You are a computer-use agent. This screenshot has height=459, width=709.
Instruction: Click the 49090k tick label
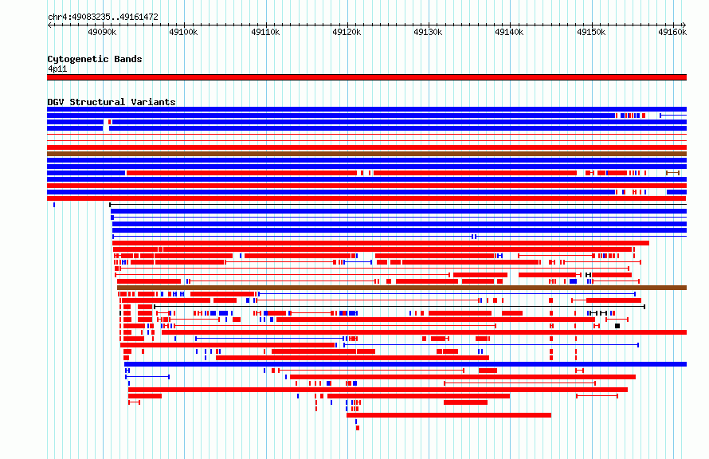(102, 32)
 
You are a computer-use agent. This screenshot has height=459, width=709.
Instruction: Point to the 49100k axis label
(183, 32)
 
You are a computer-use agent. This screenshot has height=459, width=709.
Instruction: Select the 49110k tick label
(265, 32)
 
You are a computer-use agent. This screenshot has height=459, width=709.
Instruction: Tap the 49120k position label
(347, 32)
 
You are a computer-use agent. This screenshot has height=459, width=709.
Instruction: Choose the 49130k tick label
(429, 32)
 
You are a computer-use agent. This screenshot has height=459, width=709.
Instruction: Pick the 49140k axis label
(510, 32)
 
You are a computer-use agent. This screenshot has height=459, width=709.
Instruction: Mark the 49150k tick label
(591, 32)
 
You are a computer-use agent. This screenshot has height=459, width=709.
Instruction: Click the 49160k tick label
(673, 32)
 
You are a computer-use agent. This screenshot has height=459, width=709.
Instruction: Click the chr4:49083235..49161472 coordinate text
(103, 18)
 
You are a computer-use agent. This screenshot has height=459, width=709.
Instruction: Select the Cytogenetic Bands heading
(95, 59)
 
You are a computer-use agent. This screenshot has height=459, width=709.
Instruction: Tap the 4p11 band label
(57, 69)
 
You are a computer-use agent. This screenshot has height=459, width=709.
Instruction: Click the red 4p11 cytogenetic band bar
(366, 77)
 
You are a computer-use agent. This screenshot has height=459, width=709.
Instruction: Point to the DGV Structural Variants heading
(112, 102)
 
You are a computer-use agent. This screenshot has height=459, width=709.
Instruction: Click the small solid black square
(617, 326)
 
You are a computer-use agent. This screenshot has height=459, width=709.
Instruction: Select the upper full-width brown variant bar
(366, 154)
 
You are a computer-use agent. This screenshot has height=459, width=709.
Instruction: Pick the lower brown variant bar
(402, 288)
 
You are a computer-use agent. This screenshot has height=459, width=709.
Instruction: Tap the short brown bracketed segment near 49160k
(673, 173)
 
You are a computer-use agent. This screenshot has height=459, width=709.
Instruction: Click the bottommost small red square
(358, 428)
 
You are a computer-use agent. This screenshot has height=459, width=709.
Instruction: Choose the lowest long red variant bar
(449, 415)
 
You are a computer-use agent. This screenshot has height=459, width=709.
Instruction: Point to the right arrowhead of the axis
(684, 25)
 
